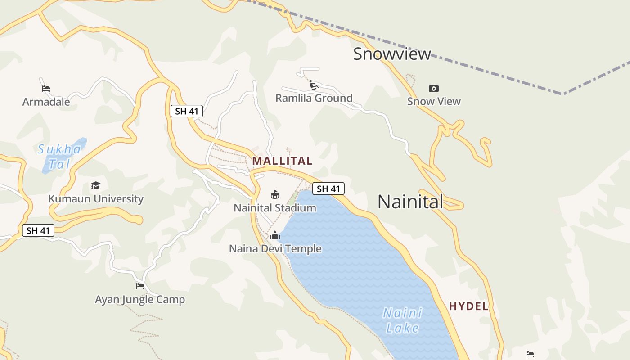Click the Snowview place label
coord(392,54)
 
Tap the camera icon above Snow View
coord(434,88)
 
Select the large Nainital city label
coord(410,202)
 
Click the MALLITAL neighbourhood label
coord(282,161)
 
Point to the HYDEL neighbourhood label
coord(468,306)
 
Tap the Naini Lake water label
coord(403,320)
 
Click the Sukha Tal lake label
coord(60,156)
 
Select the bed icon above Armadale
coord(45,88)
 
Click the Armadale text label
coord(46,102)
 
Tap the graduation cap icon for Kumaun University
coord(95,185)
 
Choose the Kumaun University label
coord(96,198)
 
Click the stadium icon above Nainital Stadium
coord(274,194)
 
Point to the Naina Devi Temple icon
coord(275,235)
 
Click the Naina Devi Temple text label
coord(275,248)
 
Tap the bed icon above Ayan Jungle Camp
coord(140,286)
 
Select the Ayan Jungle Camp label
coord(140,299)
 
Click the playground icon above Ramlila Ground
coord(314,85)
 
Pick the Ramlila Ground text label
coord(314,98)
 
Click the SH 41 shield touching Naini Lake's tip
coord(328,189)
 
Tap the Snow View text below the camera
coord(434,101)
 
